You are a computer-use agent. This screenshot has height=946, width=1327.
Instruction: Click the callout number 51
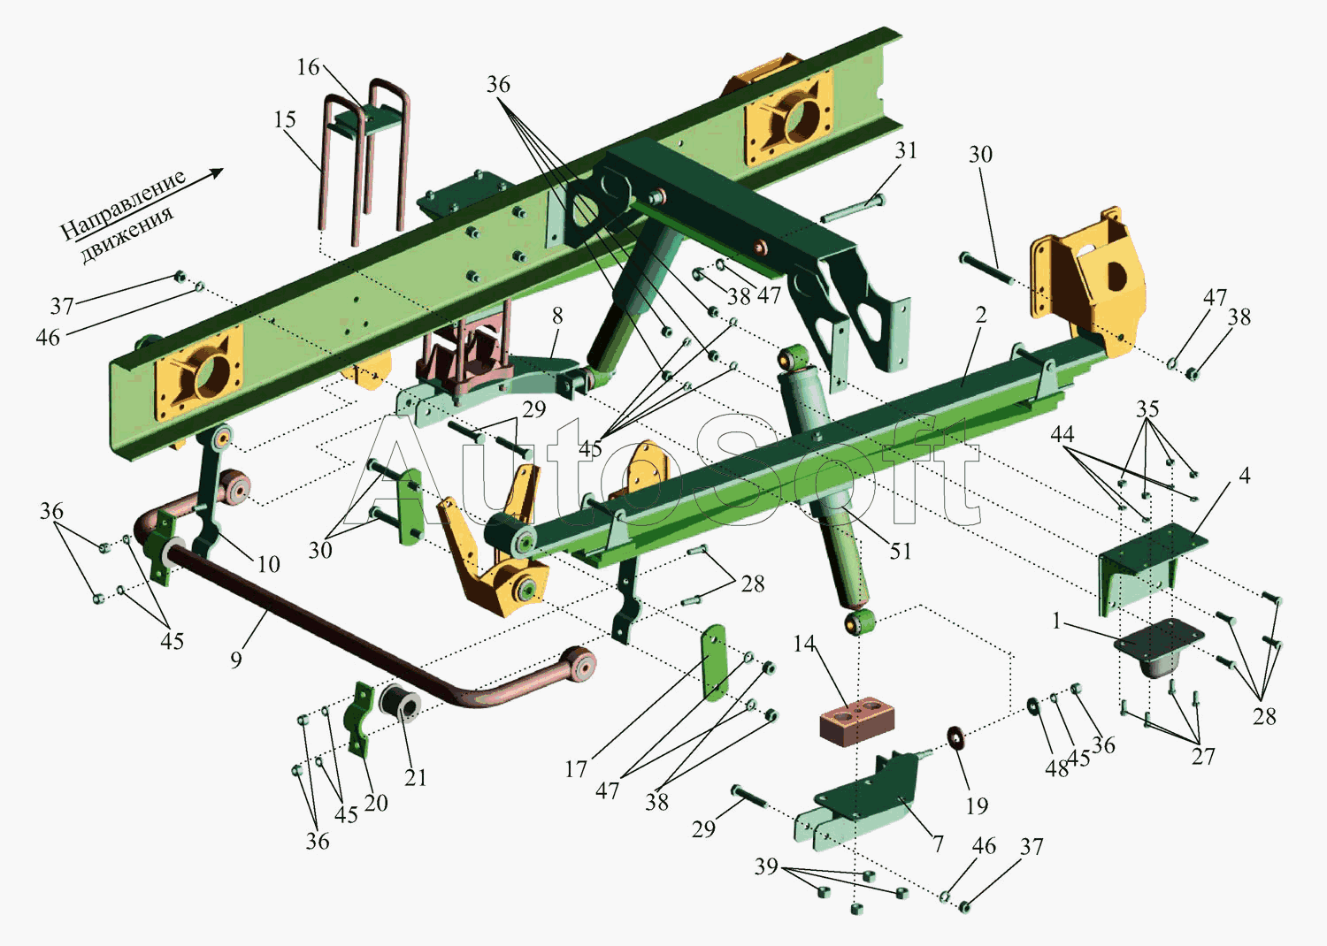(900, 551)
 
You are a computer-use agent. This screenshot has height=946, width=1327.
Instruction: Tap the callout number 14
(804, 644)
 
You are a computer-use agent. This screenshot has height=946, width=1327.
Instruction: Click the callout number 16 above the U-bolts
(308, 67)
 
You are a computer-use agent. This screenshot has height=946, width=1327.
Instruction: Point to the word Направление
(124, 205)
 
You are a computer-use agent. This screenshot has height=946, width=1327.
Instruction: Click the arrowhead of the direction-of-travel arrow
(217, 173)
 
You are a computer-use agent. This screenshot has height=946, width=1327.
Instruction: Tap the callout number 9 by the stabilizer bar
(236, 660)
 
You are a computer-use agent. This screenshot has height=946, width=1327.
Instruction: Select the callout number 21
(415, 777)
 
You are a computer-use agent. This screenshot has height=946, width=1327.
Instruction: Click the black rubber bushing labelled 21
(399, 699)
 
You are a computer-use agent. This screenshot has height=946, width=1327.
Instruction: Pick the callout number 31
(906, 150)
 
